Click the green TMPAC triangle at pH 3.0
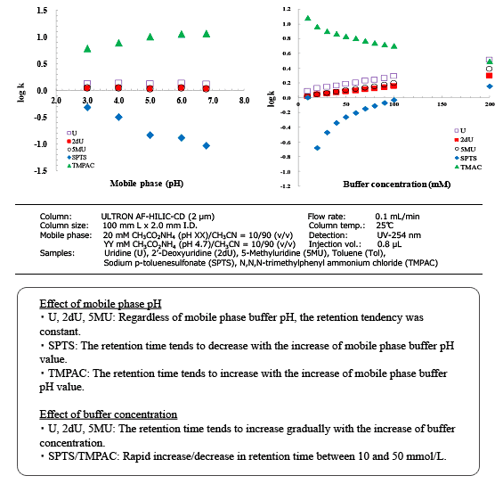point(87,48)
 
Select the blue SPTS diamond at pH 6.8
point(207,145)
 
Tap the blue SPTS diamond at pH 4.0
point(118,117)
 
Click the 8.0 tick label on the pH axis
point(243,101)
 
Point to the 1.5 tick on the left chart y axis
point(42,11)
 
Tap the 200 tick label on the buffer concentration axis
point(490,104)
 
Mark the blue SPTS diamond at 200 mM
point(490,86)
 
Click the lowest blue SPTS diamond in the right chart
point(317,148)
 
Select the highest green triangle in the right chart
point(308,18)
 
